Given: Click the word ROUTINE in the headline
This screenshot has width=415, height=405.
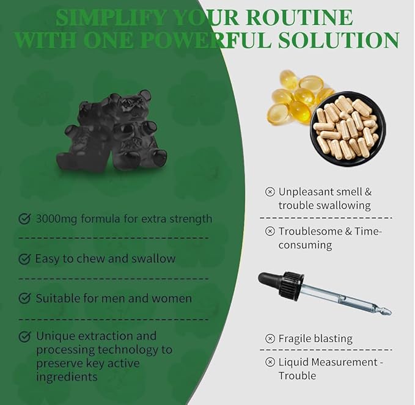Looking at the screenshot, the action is [x=298, y=18].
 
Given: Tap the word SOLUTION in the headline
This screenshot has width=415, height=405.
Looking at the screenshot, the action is [x=339, y=40].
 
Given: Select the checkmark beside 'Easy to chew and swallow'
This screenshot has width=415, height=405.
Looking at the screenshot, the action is [x=24, y=259].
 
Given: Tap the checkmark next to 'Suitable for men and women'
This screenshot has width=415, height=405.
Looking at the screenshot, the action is [x=24, y=298].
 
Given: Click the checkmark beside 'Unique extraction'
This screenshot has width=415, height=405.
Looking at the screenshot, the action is [x=24, y=336].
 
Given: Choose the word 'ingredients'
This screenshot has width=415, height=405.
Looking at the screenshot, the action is [x=67, y=377].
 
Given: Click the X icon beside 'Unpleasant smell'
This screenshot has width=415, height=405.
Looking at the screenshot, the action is [x=270, y=192].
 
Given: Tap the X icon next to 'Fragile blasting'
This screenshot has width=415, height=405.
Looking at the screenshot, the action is [x=270, y=338].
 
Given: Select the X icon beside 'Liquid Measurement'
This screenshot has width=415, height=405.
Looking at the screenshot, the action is [x=270, y=362].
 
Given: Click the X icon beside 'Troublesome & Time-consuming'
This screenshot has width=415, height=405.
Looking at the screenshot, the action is [x=270, y=231].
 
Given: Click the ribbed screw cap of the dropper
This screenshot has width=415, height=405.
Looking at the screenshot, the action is [x=290, y=283].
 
